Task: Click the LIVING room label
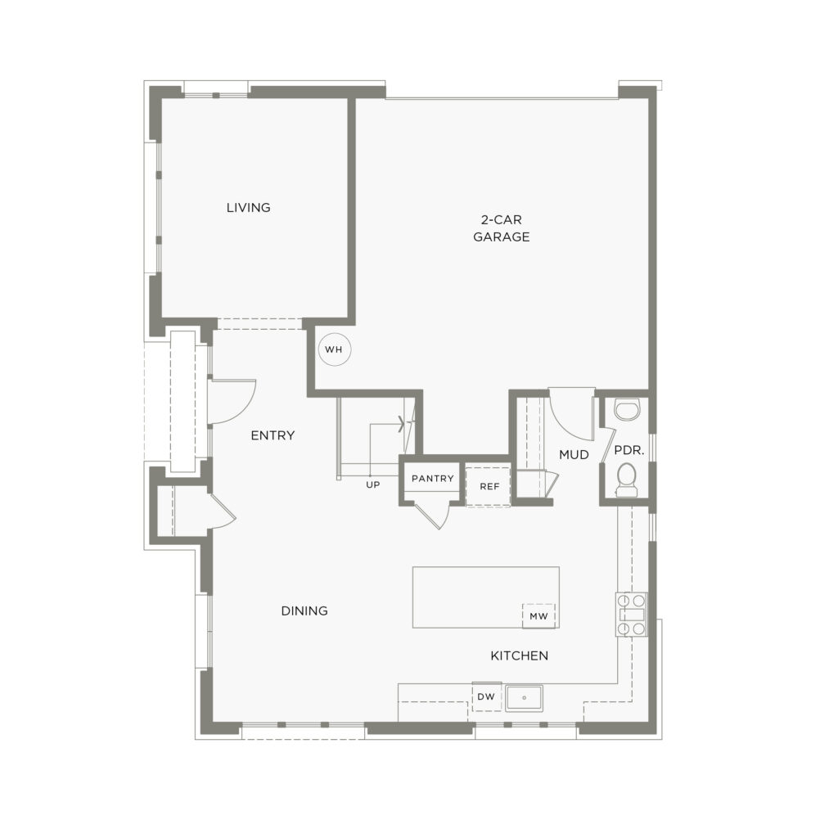(249, 207)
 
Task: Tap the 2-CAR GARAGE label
(502, 228)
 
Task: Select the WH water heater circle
(334, 350)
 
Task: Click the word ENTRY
(273, 435)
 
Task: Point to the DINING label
(304, 610)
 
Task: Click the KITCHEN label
(520, 656)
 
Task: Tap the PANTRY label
(432, 478)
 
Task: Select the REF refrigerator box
(489, 486)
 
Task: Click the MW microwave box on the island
(538, 615)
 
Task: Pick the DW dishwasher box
(486, 696)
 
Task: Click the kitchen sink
(525, 698)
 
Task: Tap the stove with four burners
(631, 615)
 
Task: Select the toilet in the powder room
(626, 480)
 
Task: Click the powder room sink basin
(627, 411)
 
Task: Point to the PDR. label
(629, 451)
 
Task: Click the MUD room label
(574, 455)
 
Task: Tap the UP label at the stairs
(373, 484)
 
